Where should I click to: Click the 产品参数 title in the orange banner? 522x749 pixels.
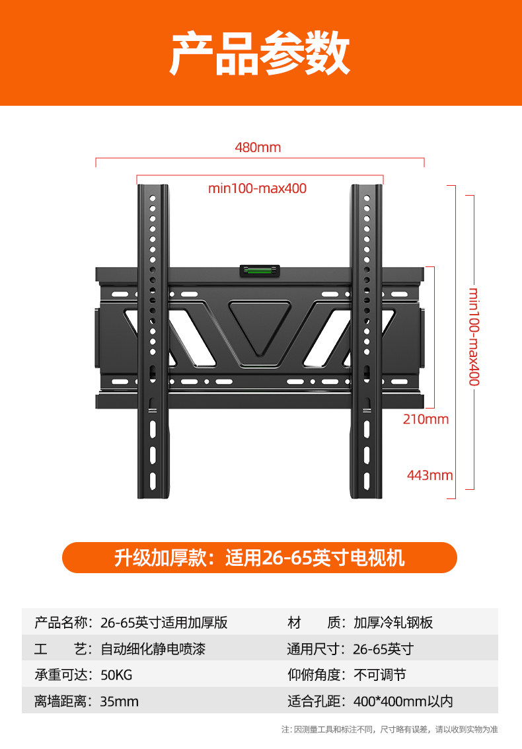pyautogui.click(x=260, y=54)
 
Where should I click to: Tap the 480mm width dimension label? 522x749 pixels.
pyautogui.click(x=258, y=147)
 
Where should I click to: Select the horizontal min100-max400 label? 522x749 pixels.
pyautogui.click(x=258, y=188)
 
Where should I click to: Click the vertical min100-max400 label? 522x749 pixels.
pyautogui.click(x=474, y=336)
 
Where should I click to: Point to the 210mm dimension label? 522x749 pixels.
pyautogui.click(x=426, y=419)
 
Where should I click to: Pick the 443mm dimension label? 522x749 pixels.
pyautogui.click(x=429, y=475)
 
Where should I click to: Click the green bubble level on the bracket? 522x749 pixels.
pyautogui.click(x=259, y=271)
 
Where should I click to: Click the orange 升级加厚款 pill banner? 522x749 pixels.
pyautogui.click(x=260, y=558)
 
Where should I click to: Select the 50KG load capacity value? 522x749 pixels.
pyautogui.click(x=116, y=675)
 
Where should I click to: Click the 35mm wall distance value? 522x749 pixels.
pyautogui.click(x=120, y=701)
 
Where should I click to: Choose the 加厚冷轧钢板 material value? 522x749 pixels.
pyautogui.click(x=393, y=623)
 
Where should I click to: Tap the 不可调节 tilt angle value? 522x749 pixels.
pyautogui.click(x=380, y=675)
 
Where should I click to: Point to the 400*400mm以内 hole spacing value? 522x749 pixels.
pyautogui.click(x=403, y=701)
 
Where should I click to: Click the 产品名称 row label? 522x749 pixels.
pyautogui.click(x=65, y=623)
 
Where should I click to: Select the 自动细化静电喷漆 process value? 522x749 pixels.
pyautogui.click(x=153, y=649)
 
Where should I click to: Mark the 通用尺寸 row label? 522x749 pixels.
pyautogui.click(x=316, y=649)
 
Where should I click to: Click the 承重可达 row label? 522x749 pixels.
pyautogui.click(x=65, y=675)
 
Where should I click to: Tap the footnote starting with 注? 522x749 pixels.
pyautogui.click(x=389, y=730)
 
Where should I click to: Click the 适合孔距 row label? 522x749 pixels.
pyautogui.click(x=316, y=701)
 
